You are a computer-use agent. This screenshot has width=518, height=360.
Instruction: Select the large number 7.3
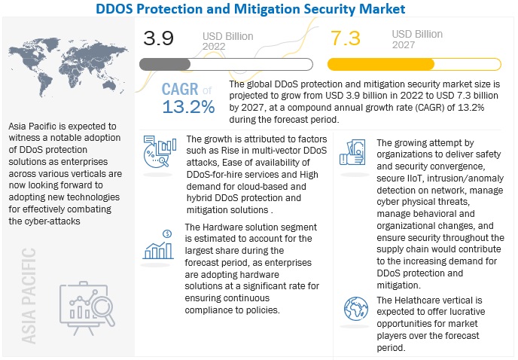point(348,38)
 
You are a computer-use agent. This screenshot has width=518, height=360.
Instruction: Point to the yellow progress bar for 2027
point(381,63)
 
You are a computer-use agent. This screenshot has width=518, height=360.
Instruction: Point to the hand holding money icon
point(354,154)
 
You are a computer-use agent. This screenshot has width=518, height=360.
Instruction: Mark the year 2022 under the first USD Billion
point(215,46)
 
